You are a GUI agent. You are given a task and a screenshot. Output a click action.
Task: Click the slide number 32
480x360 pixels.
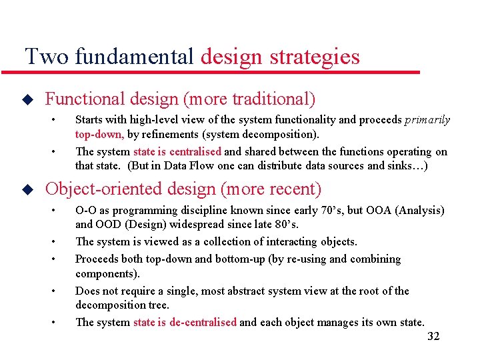pyautogui.click(x=433, y=336)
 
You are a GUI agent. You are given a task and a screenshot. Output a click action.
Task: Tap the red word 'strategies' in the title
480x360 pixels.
pyautogui.click(x=315, y=57)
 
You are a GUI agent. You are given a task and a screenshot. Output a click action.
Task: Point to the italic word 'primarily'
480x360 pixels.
pyautogui.click(x=427, y=120)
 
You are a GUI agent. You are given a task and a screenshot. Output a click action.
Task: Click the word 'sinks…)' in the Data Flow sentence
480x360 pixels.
pyautogui.click(x=408, y=165)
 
